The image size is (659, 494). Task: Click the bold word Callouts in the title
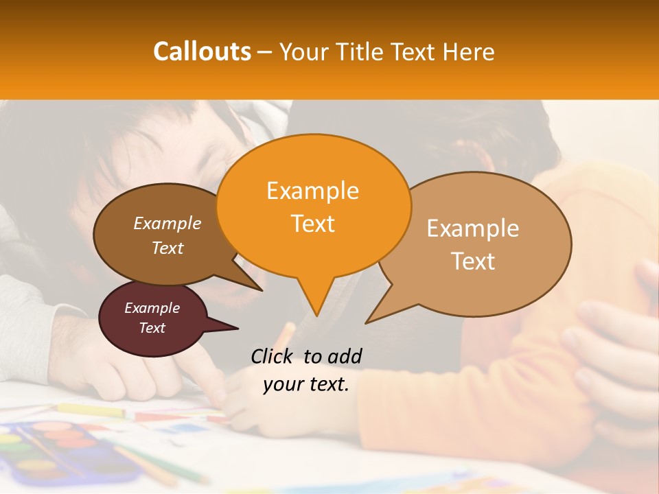tap(202, 51)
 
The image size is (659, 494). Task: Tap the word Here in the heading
tap(468, 51)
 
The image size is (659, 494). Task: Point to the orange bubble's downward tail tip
tap(316, 315)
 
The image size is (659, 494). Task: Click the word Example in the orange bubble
tap(312, 191)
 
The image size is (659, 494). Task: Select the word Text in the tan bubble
tap(473, 261)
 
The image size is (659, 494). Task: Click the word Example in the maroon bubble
tap(152, 308)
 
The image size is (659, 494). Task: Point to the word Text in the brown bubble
tap(167, 248)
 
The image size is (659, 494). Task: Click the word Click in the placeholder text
tap(273, 356)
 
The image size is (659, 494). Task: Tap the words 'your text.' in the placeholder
tap(306, 385)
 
